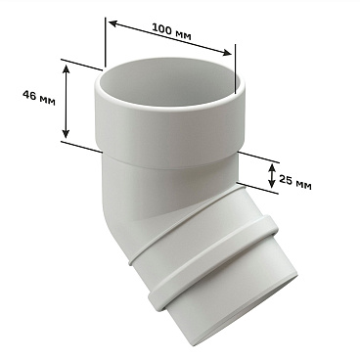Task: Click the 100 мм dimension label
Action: point(171,32)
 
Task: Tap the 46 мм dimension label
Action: point(39,98)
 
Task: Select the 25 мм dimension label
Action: point(295,182)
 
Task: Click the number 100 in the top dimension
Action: point(161,29)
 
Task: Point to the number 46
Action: point(29,96)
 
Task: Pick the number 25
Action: point(286,179)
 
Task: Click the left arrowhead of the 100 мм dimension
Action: point(113,23)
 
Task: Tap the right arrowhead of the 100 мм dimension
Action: point(227,53)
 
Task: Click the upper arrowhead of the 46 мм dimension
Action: point(66,69)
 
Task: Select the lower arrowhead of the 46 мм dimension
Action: point(66,133)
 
